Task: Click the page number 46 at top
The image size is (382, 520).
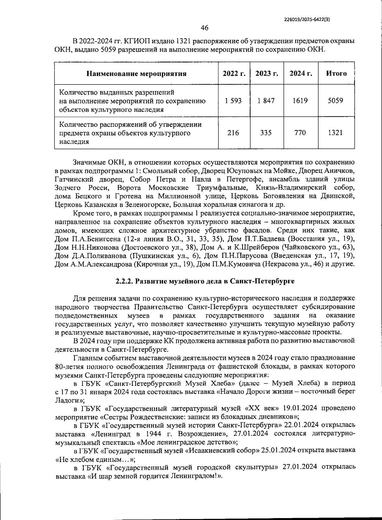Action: click(x=204, y=28)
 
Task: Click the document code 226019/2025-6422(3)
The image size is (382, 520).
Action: click(x=307, y=19)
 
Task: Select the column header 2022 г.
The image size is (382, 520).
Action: click(x=234, y=74)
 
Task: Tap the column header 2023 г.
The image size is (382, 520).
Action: click(x=267, y=74)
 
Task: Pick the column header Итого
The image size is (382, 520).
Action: click(x=336, y=74)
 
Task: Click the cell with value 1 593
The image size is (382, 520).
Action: click(x=233, y=101)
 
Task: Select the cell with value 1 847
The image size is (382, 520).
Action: click(x=267, y=101)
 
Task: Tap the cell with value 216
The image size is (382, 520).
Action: click(x=233, y=133)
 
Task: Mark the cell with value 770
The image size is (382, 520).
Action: click(x=300, y=133)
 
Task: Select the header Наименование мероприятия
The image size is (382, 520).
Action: click(x=137, y=74)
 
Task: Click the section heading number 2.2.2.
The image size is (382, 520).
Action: click(x=124, y=281)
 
